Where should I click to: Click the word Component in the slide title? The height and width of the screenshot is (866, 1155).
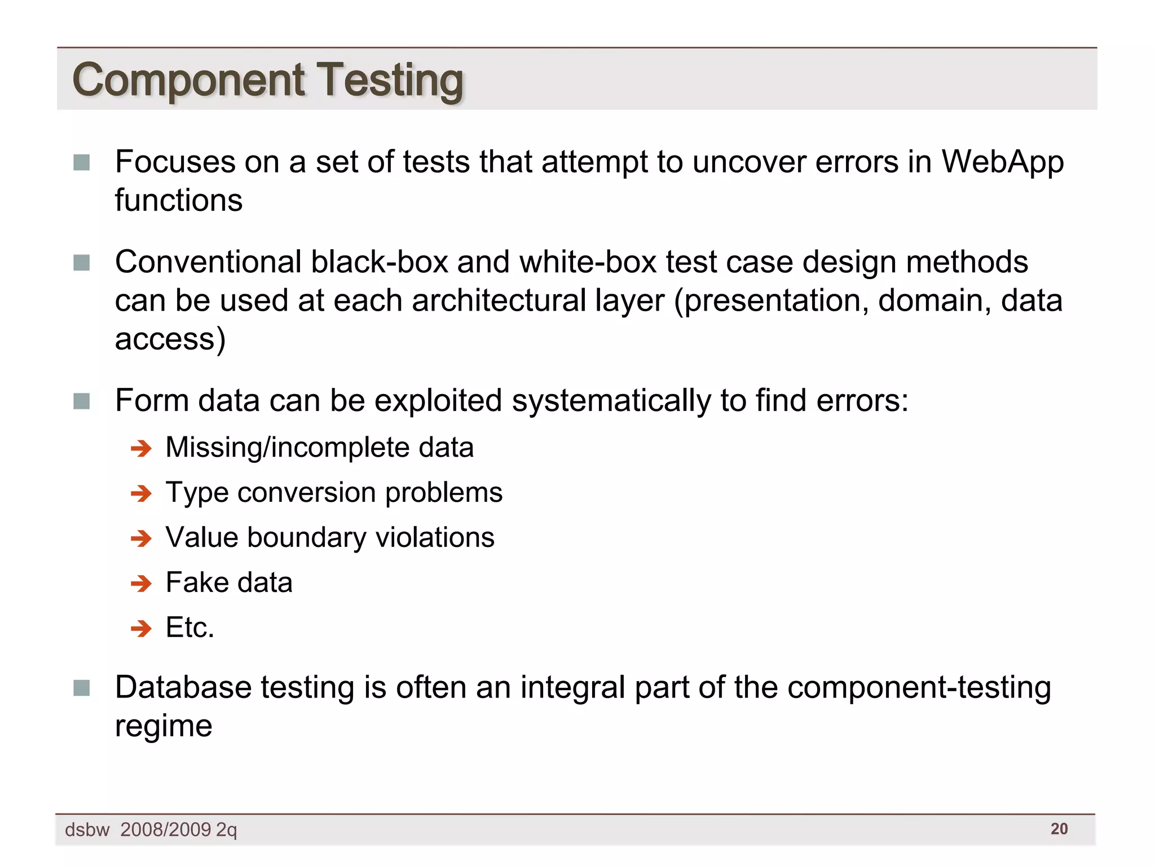point(188,81)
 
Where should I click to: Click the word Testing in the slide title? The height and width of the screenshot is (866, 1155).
point(390,81)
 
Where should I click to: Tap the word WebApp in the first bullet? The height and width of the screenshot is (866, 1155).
point(1003,162)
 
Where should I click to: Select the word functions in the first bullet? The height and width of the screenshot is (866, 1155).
point(179,201)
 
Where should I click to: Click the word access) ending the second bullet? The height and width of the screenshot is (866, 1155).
point(170,339)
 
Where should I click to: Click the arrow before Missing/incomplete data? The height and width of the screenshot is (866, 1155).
point(141,449)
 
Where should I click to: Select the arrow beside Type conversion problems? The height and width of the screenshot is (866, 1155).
point(141,494)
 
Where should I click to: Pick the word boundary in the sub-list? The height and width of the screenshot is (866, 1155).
point(306,537)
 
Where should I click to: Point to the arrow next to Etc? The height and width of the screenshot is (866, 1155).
point(141,628)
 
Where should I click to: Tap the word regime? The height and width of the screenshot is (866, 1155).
point(164,726)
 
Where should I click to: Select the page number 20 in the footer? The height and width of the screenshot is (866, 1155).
point(1059,829)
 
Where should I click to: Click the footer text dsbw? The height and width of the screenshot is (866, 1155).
point(87,830)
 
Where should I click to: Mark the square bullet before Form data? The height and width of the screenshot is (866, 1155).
point(82,401)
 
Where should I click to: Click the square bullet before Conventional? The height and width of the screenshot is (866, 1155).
point(82,263)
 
